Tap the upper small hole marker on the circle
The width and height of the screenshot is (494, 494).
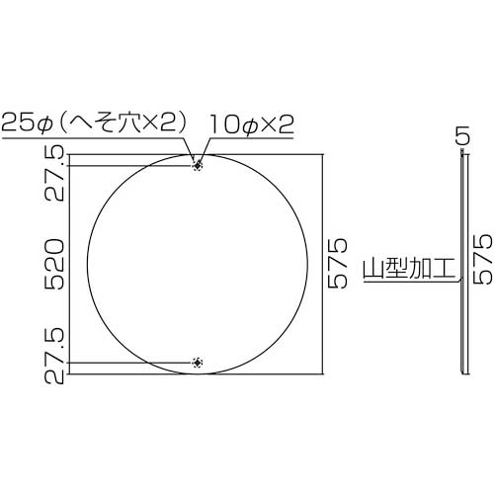(x=199, y=166)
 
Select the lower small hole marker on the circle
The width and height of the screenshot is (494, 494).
(x=199, y=363)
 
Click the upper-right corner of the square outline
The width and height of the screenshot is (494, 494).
(x=322, y=154)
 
